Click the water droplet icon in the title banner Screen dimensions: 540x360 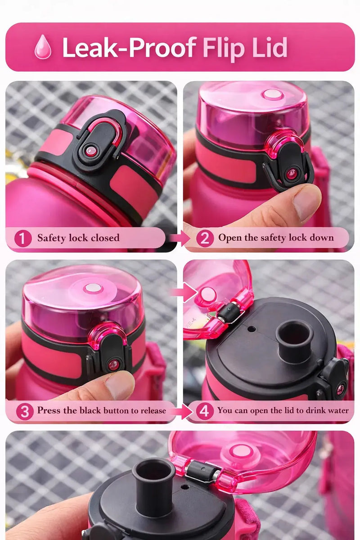click(43, 47)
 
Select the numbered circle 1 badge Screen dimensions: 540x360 click(23, 238)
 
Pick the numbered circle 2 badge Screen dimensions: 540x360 click(205, 238)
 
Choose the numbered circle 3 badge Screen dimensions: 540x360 click(25, 411)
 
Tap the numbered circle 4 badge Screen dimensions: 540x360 click(205, 411)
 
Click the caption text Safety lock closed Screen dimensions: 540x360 click(78, 238)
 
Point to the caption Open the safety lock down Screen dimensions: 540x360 click(276, 238)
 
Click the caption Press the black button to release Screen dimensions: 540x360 click(102, 410)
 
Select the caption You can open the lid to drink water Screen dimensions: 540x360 click(283, 410)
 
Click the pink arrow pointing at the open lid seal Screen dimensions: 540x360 click(184, 292)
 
